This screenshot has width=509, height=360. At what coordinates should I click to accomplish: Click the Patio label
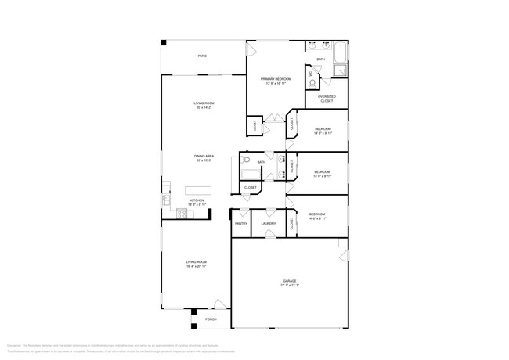[202, 56]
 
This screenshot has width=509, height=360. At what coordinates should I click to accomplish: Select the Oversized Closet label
[327, 98]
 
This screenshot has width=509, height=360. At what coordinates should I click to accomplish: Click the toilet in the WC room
[312, 81]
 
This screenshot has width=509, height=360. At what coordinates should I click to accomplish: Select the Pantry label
[240, 224]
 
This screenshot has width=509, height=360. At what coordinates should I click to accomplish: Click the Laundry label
[269, 224]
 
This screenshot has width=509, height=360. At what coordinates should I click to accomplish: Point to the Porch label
[211, 319]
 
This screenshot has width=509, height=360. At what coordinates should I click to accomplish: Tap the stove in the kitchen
[182, 212]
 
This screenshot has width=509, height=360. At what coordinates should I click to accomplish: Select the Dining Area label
[204, 157]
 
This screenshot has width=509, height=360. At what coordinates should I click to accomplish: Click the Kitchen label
[197, 200]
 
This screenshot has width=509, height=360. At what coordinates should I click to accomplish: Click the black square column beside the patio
[164, 43]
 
